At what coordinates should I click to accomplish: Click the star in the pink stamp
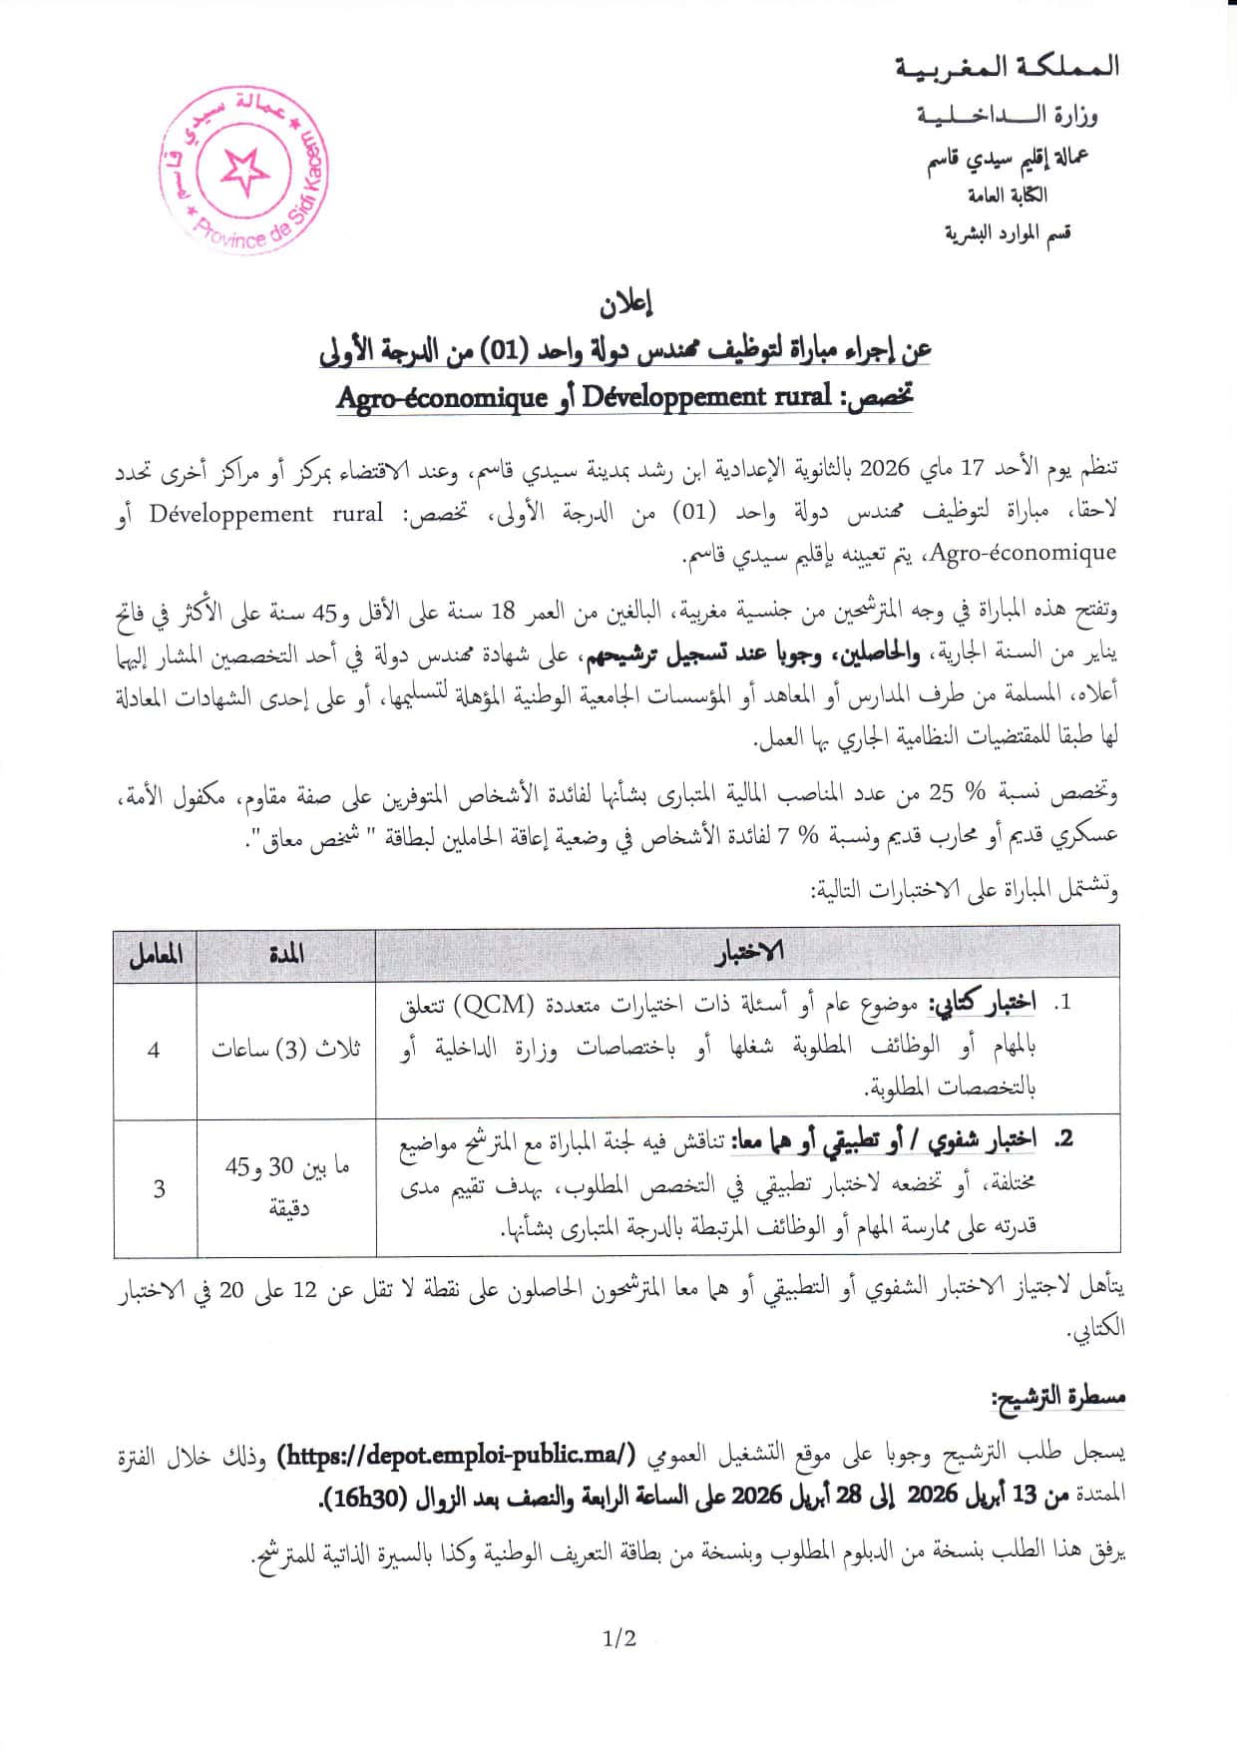[244, 172]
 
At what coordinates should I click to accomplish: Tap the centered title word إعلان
[625, 302]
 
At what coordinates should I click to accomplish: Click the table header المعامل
[155, 955]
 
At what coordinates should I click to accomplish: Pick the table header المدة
[285, 955]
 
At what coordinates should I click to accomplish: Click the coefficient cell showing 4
[154, 1051]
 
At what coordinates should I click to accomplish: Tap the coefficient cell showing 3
[159, 1189]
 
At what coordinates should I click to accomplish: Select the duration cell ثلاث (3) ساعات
[285, 1051]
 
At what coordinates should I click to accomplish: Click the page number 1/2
[618, 1637]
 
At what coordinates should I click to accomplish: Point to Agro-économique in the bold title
[442, 398]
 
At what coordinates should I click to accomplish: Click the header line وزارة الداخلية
[1008, 117]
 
